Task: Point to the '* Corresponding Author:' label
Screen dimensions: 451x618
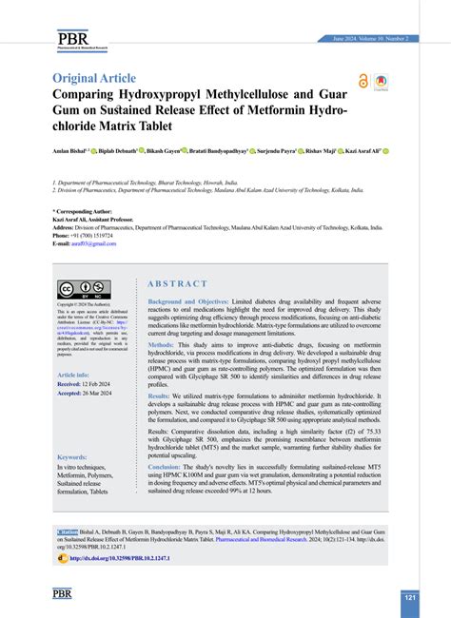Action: pyautogui.click(x=82, y=212)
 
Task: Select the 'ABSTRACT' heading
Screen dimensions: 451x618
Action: pyautogui.click(x=177, y=283)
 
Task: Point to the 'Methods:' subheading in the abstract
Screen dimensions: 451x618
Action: pyautogui.click(x=162, y=344)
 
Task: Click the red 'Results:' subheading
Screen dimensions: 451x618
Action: pyautogui.click(x=159, y=396)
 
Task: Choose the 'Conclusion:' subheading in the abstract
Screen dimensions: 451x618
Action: pyautogui.click(x=165, y=467)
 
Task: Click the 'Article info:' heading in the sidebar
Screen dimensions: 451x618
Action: pyautogui.click(x=74, y=376)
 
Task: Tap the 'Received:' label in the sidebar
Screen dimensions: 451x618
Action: pyautogui.click(x=70, y=384)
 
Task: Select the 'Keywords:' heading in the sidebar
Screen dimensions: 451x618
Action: pyautogui.click(x=72, y=456)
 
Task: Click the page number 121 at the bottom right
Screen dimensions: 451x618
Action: pyautogui.click(x=409, y=598)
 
